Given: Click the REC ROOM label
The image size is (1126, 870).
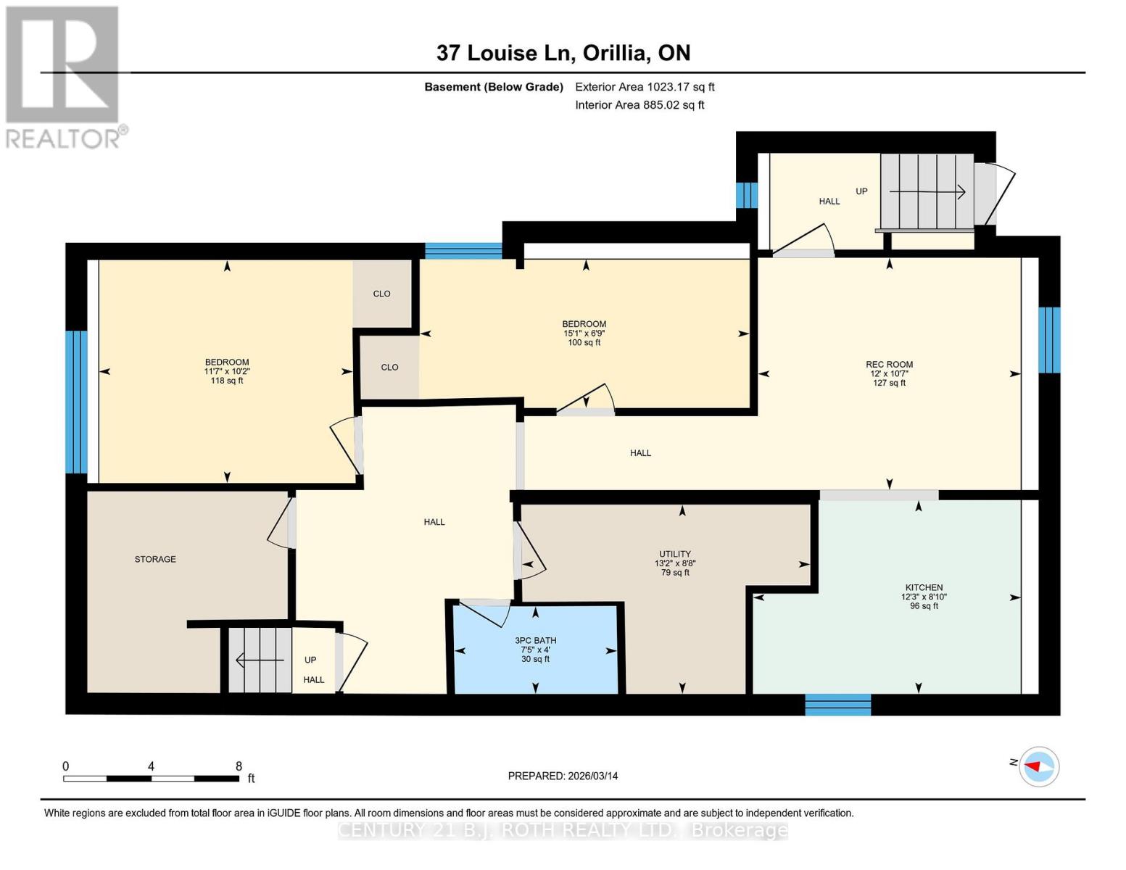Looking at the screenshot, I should [x=889, y=365].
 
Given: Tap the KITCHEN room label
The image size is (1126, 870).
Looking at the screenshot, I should [x=924, y=587].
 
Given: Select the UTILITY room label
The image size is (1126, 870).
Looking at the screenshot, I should [x=674, y=554].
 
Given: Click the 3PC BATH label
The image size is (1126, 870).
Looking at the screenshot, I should [x=535, y=640].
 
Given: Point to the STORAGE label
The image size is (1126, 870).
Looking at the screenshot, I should [x=155, y=559].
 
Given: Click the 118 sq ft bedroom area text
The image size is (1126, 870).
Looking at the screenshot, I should [x=227, y=381].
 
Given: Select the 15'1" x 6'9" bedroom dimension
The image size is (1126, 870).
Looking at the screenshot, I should [x=584, y=333].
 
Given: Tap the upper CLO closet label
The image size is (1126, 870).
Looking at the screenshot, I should [x=381, y=294].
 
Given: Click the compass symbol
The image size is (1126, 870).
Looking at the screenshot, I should [x=1039, y=766].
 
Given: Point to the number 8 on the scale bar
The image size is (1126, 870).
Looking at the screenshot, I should [x=239, y=766].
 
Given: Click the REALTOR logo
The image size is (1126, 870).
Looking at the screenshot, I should [x=64, y=76].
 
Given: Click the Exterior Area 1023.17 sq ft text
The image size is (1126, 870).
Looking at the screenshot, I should [x=645, y=87].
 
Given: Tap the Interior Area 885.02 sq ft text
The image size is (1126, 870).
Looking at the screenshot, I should [x=639, y=105].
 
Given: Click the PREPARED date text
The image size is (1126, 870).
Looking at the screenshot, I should [x=563, y=776].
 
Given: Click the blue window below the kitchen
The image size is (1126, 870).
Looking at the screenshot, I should [x=837, y=704].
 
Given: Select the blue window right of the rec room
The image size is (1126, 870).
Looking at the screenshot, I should [x=1048, y=340].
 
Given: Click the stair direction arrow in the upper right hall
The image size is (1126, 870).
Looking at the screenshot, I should [x=927, y=192].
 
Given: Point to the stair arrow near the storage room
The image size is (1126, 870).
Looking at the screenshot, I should [x=260, y=660].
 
